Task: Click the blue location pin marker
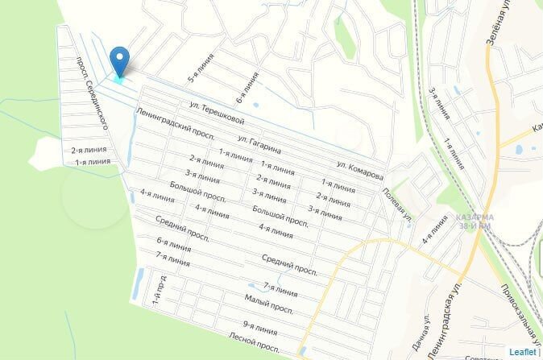120,60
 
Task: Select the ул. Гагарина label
259,144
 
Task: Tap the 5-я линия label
196,69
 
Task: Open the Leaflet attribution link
522,351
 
